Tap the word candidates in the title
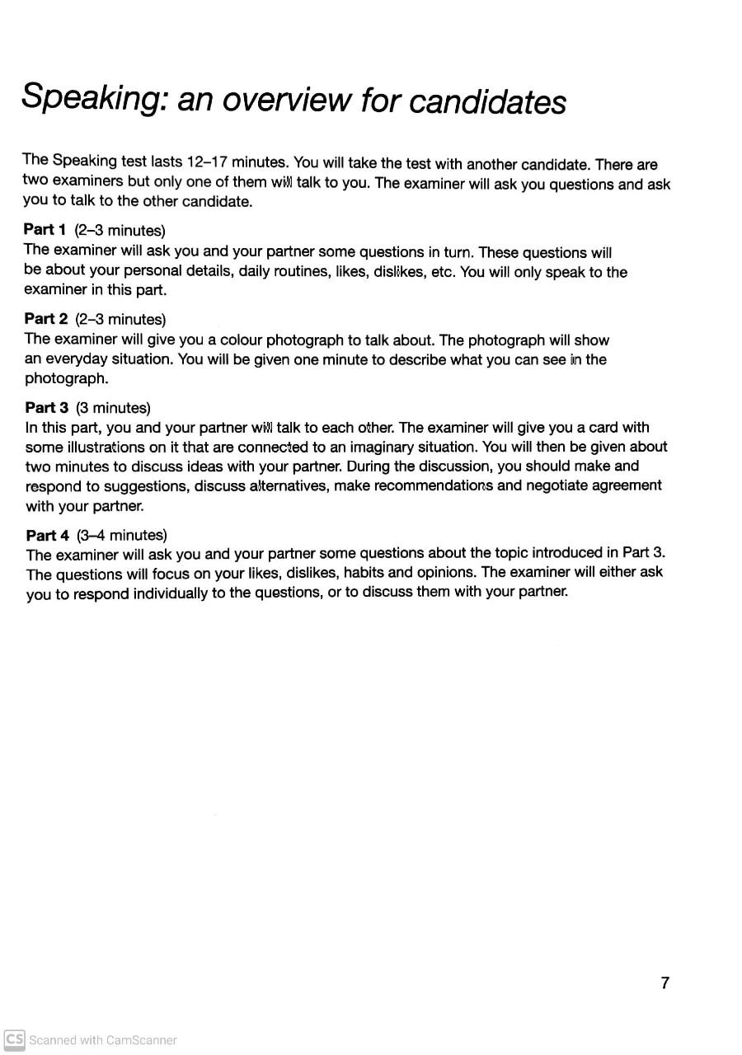[x=487, y=101]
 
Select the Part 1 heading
[x=45, y=229]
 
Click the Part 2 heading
[x=45, y=319]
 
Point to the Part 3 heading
[x=46, y=407]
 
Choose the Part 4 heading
[x=47, y=536]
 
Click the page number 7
[x=665, y=982]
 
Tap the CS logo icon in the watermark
[x=14, y=1039]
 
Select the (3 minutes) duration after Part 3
[x=113, y=408]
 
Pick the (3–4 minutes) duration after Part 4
[x=122, y=536]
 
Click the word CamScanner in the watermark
[x=140, y=1040]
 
